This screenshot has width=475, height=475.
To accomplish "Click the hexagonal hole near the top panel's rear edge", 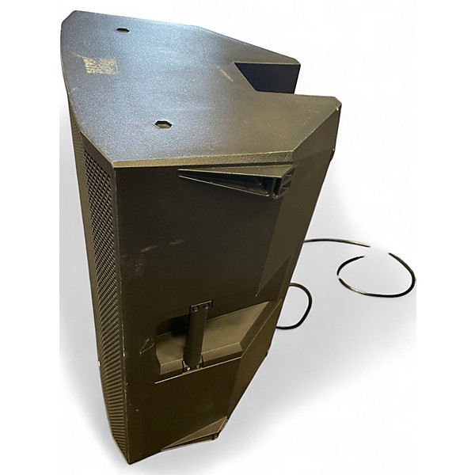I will point(123,30).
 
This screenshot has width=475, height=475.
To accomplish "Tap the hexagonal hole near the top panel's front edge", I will point(162,124).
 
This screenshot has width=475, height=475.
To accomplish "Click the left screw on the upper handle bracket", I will point(196,306).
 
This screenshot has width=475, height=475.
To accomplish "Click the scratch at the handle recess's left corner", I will point(146,347).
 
